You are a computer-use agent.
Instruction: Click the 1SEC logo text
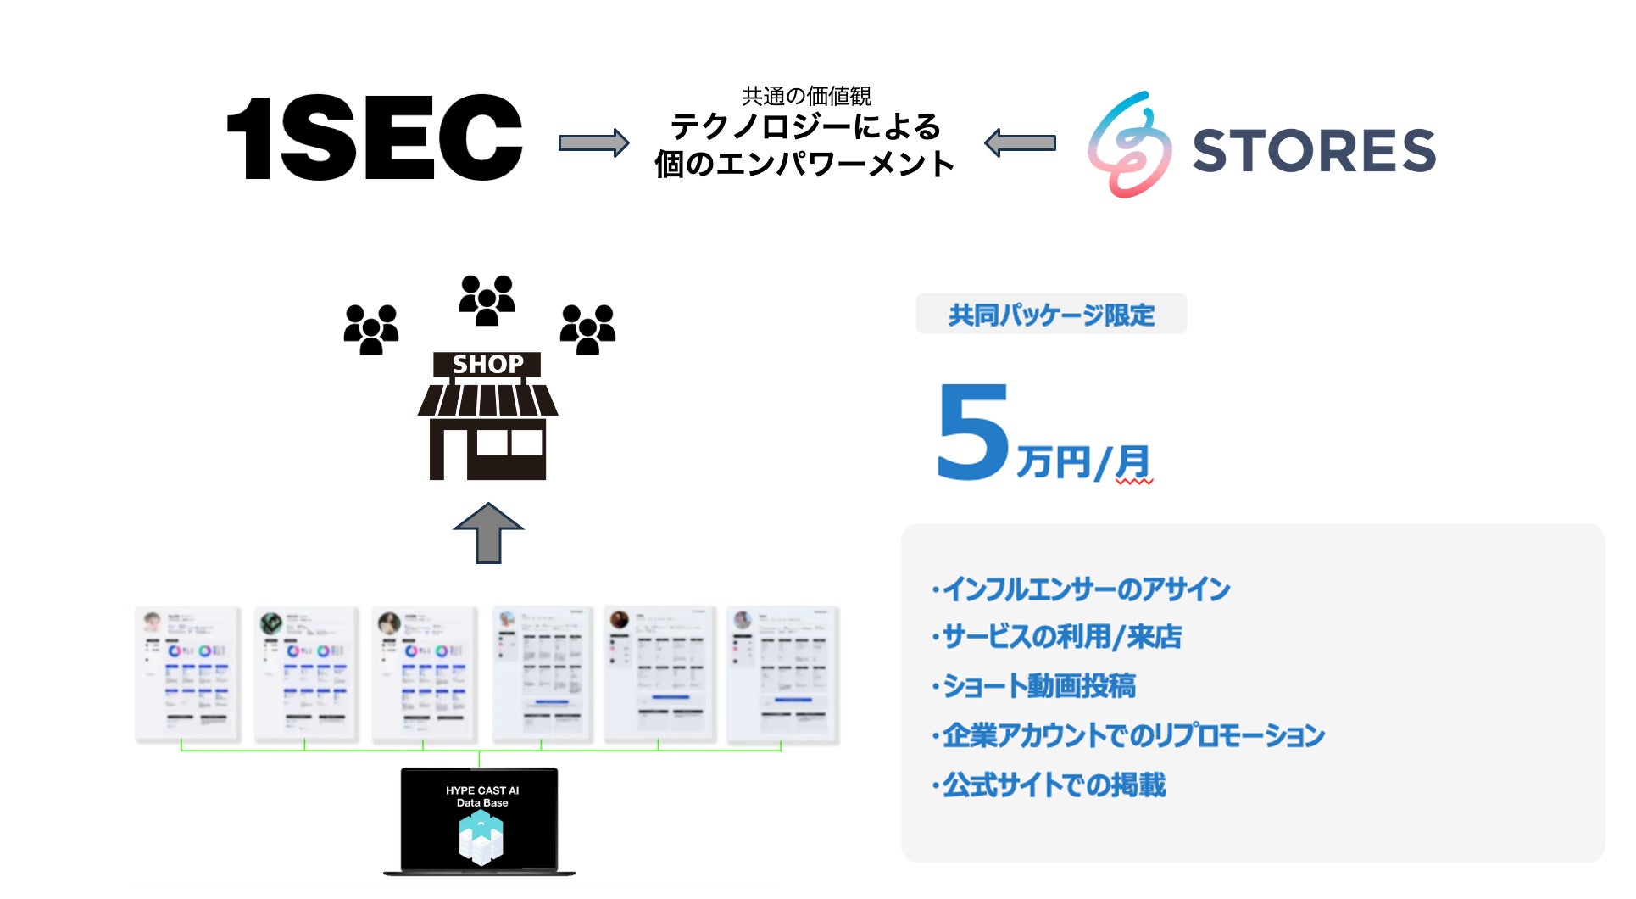point(375,138)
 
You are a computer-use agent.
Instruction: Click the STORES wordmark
point(1313,150)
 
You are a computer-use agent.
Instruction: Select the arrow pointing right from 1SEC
point(593,142)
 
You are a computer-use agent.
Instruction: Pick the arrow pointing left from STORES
point(1021,142)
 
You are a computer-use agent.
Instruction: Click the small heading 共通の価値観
point(806,96)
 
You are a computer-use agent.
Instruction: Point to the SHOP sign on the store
point(487,364)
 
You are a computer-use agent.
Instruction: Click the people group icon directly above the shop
point(487,299)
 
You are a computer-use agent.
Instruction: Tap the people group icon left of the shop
point(371,329)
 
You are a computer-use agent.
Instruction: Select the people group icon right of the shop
point(587,329)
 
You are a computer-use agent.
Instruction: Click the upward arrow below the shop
point(488,533)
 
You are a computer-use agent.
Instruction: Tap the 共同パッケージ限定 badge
point(1051,315)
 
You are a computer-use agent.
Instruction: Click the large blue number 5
point(973,432)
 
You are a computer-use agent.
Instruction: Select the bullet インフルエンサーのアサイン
point(1082,589)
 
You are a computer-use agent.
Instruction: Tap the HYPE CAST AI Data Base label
point(482,796)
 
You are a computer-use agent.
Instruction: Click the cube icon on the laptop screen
point(481,837)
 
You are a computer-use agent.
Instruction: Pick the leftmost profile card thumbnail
point(187,674)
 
